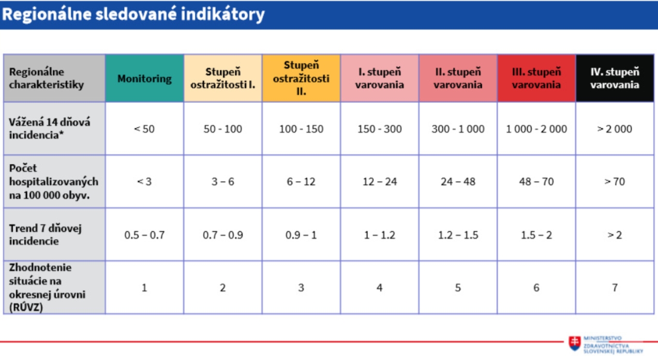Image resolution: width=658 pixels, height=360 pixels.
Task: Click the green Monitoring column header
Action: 145,78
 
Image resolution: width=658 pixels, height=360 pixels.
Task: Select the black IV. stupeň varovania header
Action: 615,78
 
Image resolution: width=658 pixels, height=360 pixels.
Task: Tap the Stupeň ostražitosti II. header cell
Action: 301,78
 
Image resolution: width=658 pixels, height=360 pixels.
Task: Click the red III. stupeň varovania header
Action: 537,78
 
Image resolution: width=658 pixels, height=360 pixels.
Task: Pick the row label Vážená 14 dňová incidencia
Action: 49,128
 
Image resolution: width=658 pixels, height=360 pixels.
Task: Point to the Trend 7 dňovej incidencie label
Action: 45,235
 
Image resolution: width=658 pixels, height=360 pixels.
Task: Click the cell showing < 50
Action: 144,129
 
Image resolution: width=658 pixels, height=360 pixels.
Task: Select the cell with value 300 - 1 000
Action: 458,129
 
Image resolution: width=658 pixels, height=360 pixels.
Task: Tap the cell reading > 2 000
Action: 614,129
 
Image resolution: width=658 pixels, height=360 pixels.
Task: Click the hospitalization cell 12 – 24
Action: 379,181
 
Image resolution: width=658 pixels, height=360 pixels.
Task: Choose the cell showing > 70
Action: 614,181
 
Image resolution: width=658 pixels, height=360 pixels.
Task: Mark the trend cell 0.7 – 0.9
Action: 223,235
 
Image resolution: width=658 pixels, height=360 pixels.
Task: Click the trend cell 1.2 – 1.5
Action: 458,235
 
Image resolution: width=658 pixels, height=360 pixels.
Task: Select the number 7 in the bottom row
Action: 614,287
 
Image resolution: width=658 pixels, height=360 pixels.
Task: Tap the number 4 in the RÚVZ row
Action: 379,287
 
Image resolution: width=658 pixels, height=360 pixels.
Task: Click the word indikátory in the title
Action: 223,14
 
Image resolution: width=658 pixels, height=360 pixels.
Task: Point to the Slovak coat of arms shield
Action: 575,343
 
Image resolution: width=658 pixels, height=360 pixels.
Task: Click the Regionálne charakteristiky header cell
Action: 54,78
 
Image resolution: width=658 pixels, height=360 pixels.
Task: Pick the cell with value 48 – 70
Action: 537,181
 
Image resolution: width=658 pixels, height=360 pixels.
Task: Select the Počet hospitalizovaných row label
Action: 53,181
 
